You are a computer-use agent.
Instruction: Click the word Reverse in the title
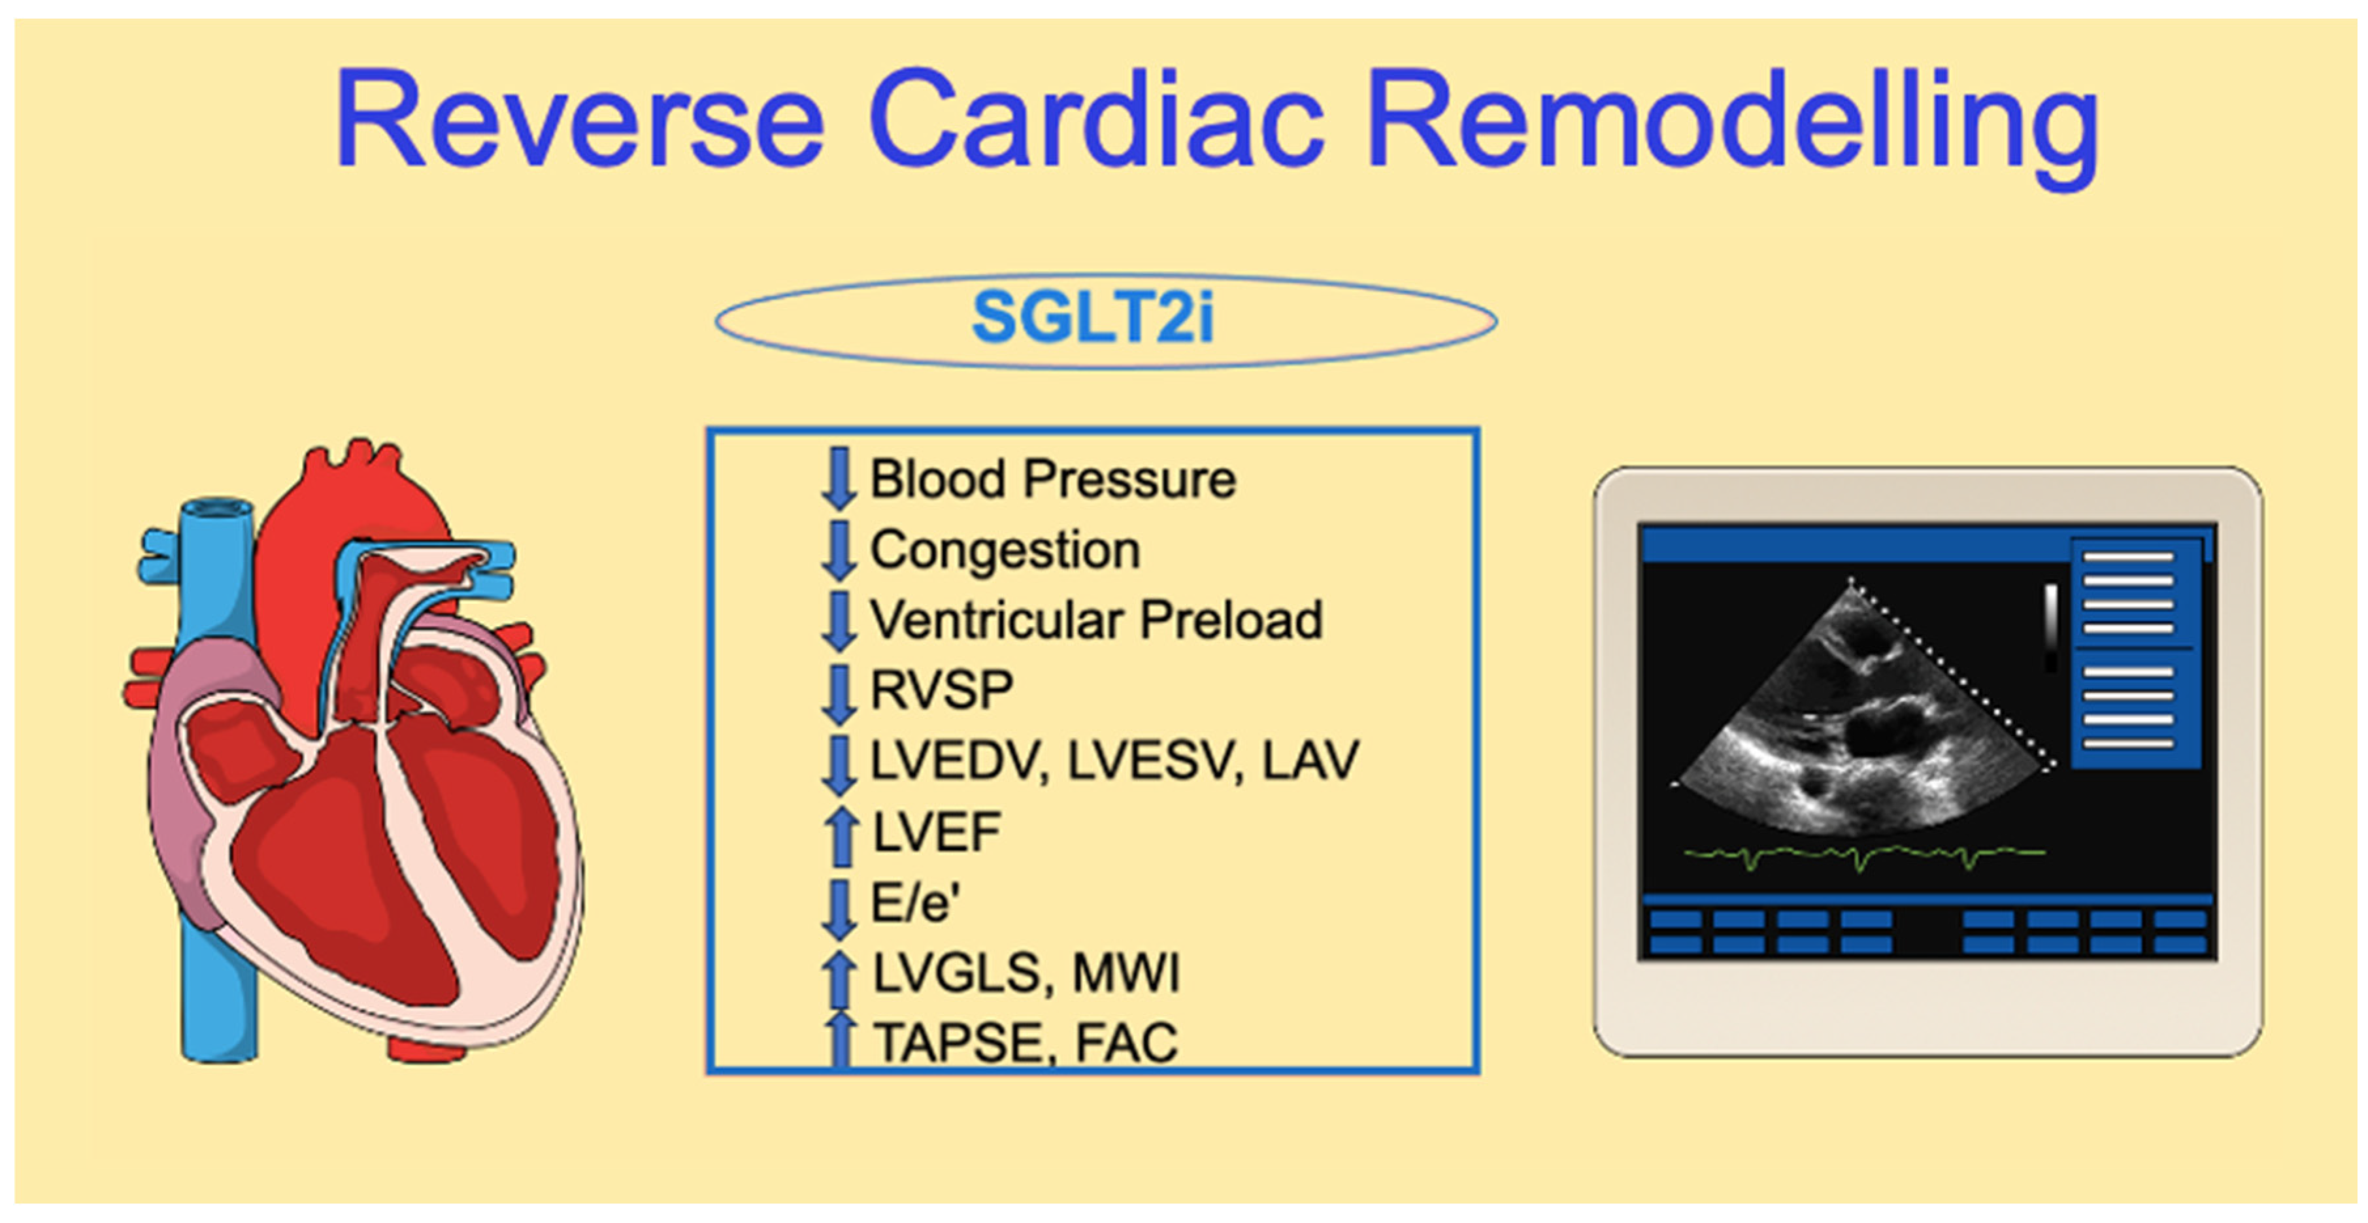click(579, 120)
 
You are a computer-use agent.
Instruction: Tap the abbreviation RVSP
click(941, 690)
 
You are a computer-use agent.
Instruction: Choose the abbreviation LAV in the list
click(1310, 760)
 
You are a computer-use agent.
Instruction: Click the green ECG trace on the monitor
click(1865, 856)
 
